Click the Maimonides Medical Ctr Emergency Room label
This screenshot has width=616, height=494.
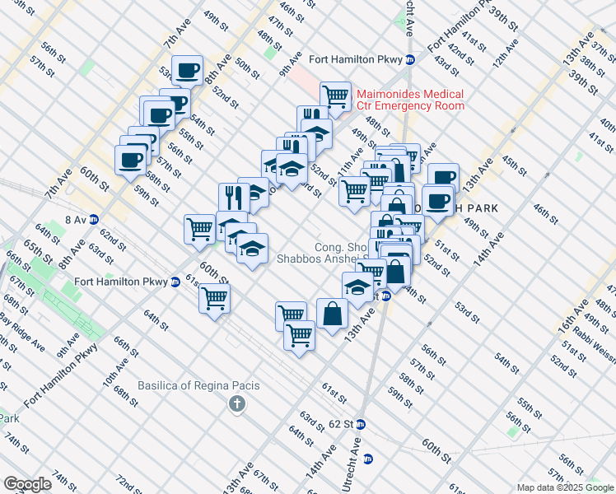(x=409, y=100)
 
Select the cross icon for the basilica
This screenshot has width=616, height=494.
(x=237, y=403)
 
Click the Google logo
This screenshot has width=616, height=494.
(x=27, y=483)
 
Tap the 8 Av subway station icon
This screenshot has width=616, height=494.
(x=94, y=220)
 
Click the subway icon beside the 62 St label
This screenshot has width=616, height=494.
(x=361, y=425)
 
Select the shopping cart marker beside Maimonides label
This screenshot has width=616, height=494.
(x=335, y=96)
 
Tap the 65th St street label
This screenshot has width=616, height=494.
(x=32, y=247)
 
